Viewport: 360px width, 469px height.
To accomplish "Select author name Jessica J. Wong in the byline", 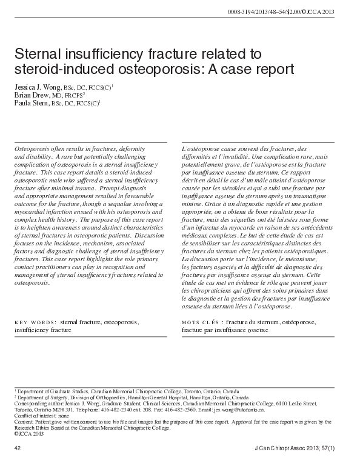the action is (x=38, y=87).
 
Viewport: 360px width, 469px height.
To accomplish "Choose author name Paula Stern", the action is (x=34, y=103).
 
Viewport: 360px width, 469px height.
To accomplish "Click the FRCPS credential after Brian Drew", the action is (x=75, y=96).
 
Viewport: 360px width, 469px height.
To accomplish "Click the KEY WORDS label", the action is (x=35, y=322).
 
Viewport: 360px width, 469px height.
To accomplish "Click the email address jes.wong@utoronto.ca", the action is (x=253, y=409).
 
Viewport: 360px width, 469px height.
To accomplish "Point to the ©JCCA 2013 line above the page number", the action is (x=28, y=433).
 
